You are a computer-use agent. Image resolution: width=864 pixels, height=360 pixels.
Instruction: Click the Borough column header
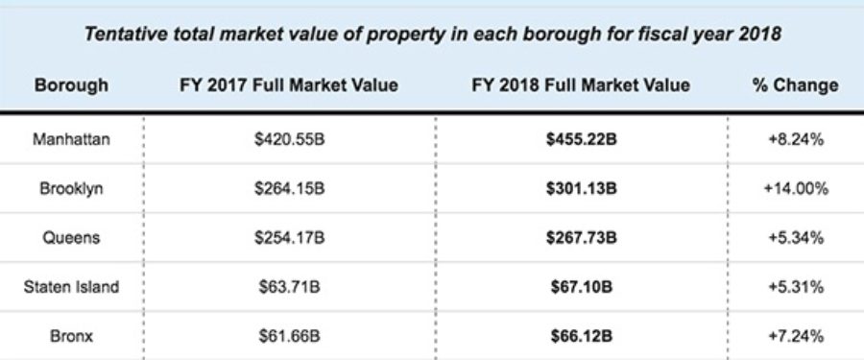(71, 85)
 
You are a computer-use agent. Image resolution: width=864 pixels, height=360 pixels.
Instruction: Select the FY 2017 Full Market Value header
(288, 85)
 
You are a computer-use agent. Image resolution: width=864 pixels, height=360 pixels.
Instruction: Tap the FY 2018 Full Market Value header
(580, 85)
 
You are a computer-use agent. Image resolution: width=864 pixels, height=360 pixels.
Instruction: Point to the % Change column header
(795, 85)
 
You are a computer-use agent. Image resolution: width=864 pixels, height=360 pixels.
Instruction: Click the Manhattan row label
(71, 140)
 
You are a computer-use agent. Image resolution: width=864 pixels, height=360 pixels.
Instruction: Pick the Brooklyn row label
(71, 189)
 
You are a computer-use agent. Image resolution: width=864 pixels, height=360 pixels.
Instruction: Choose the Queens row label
(71, 237)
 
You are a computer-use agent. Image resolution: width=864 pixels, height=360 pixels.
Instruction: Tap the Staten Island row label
(71, 285)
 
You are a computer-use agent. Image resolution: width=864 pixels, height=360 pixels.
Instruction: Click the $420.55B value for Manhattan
(290, 140)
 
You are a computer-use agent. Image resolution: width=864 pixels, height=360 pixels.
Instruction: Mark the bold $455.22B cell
(580, 140)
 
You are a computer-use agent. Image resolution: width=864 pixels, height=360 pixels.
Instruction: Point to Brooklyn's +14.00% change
(795, 189)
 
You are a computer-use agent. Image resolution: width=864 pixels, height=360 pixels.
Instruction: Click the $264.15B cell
(290, 189)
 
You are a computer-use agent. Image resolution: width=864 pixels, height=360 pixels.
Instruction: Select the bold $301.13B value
(580, 189)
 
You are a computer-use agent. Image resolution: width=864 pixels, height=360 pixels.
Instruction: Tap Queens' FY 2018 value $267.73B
(580, 237)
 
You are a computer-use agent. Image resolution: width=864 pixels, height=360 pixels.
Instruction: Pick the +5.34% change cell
(795, 237)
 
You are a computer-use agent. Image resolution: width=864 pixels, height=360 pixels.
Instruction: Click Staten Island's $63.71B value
(290, 285)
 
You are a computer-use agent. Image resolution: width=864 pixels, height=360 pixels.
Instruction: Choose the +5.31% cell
(795, 285)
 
